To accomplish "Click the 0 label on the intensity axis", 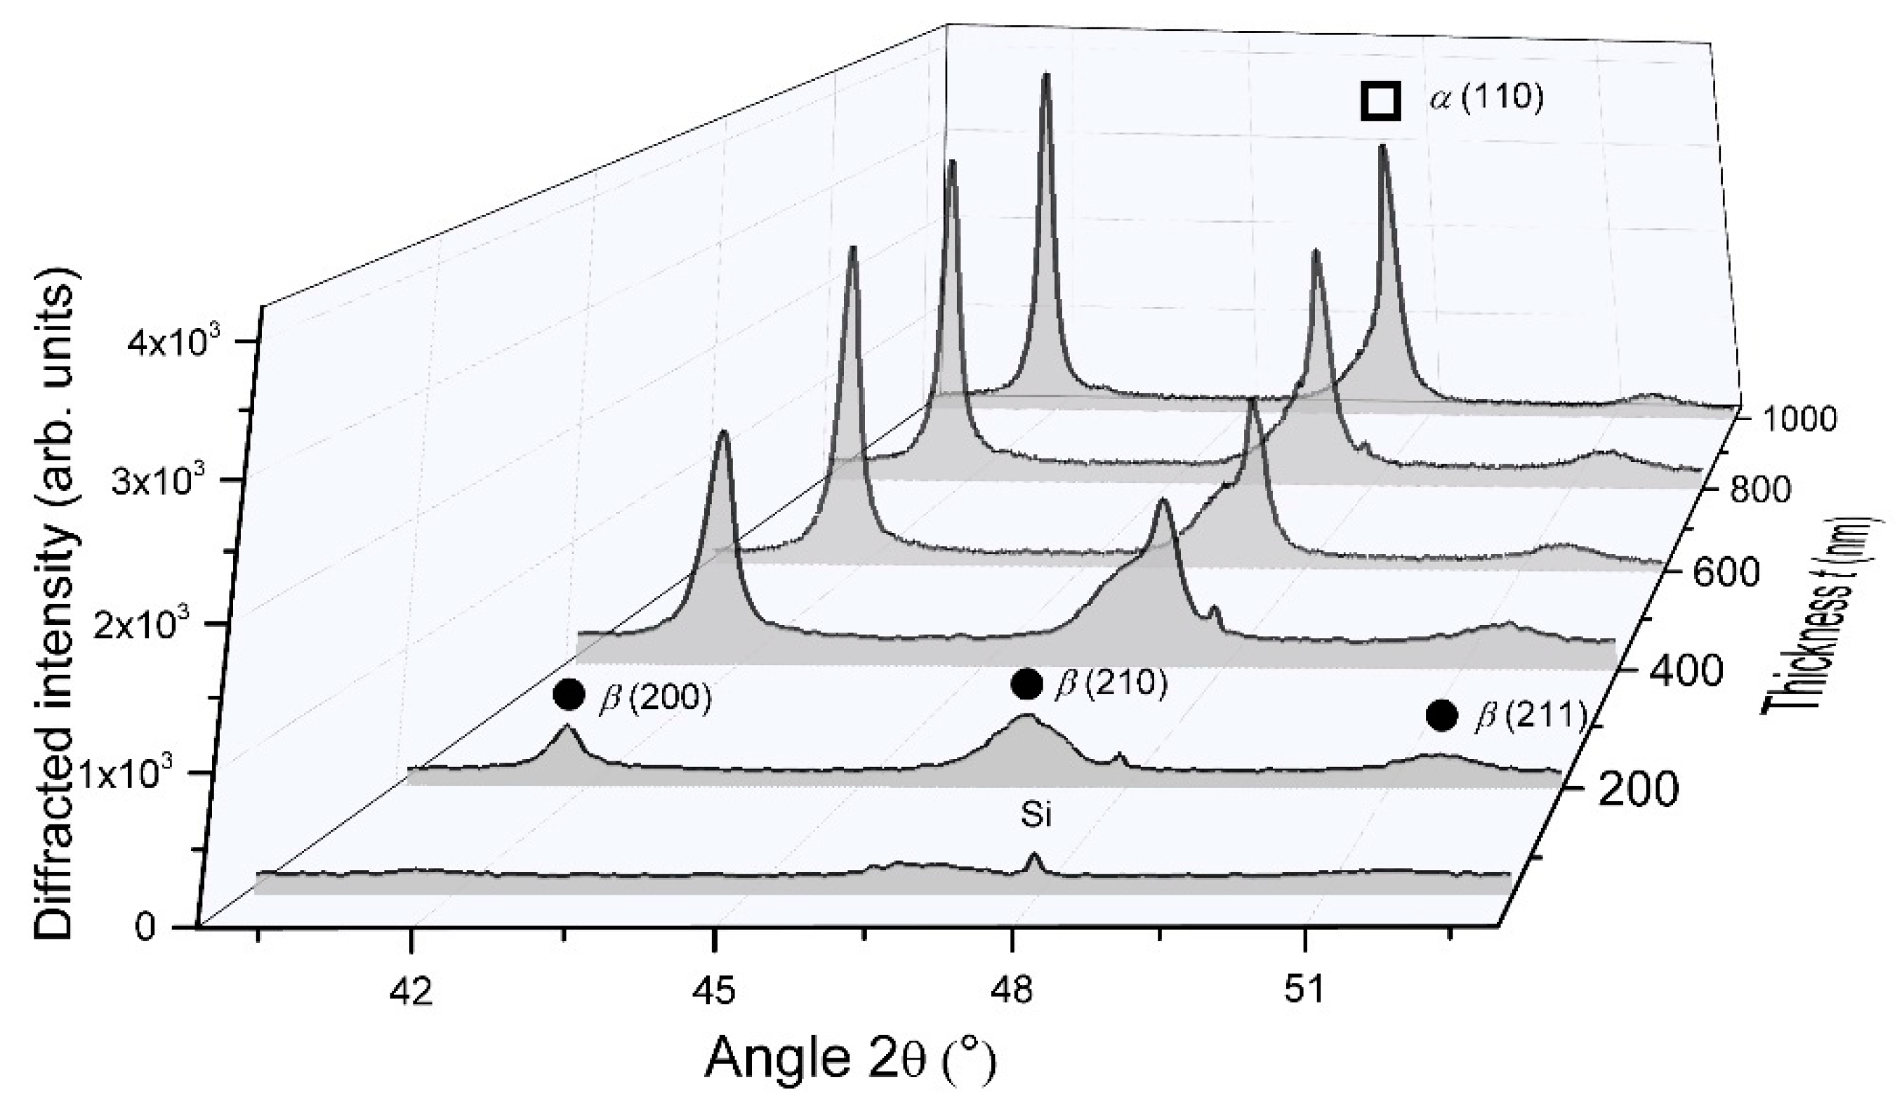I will [x=147, y=926].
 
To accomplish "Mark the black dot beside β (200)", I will [x=569, y=694].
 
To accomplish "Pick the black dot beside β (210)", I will [x=1027, y=684].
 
